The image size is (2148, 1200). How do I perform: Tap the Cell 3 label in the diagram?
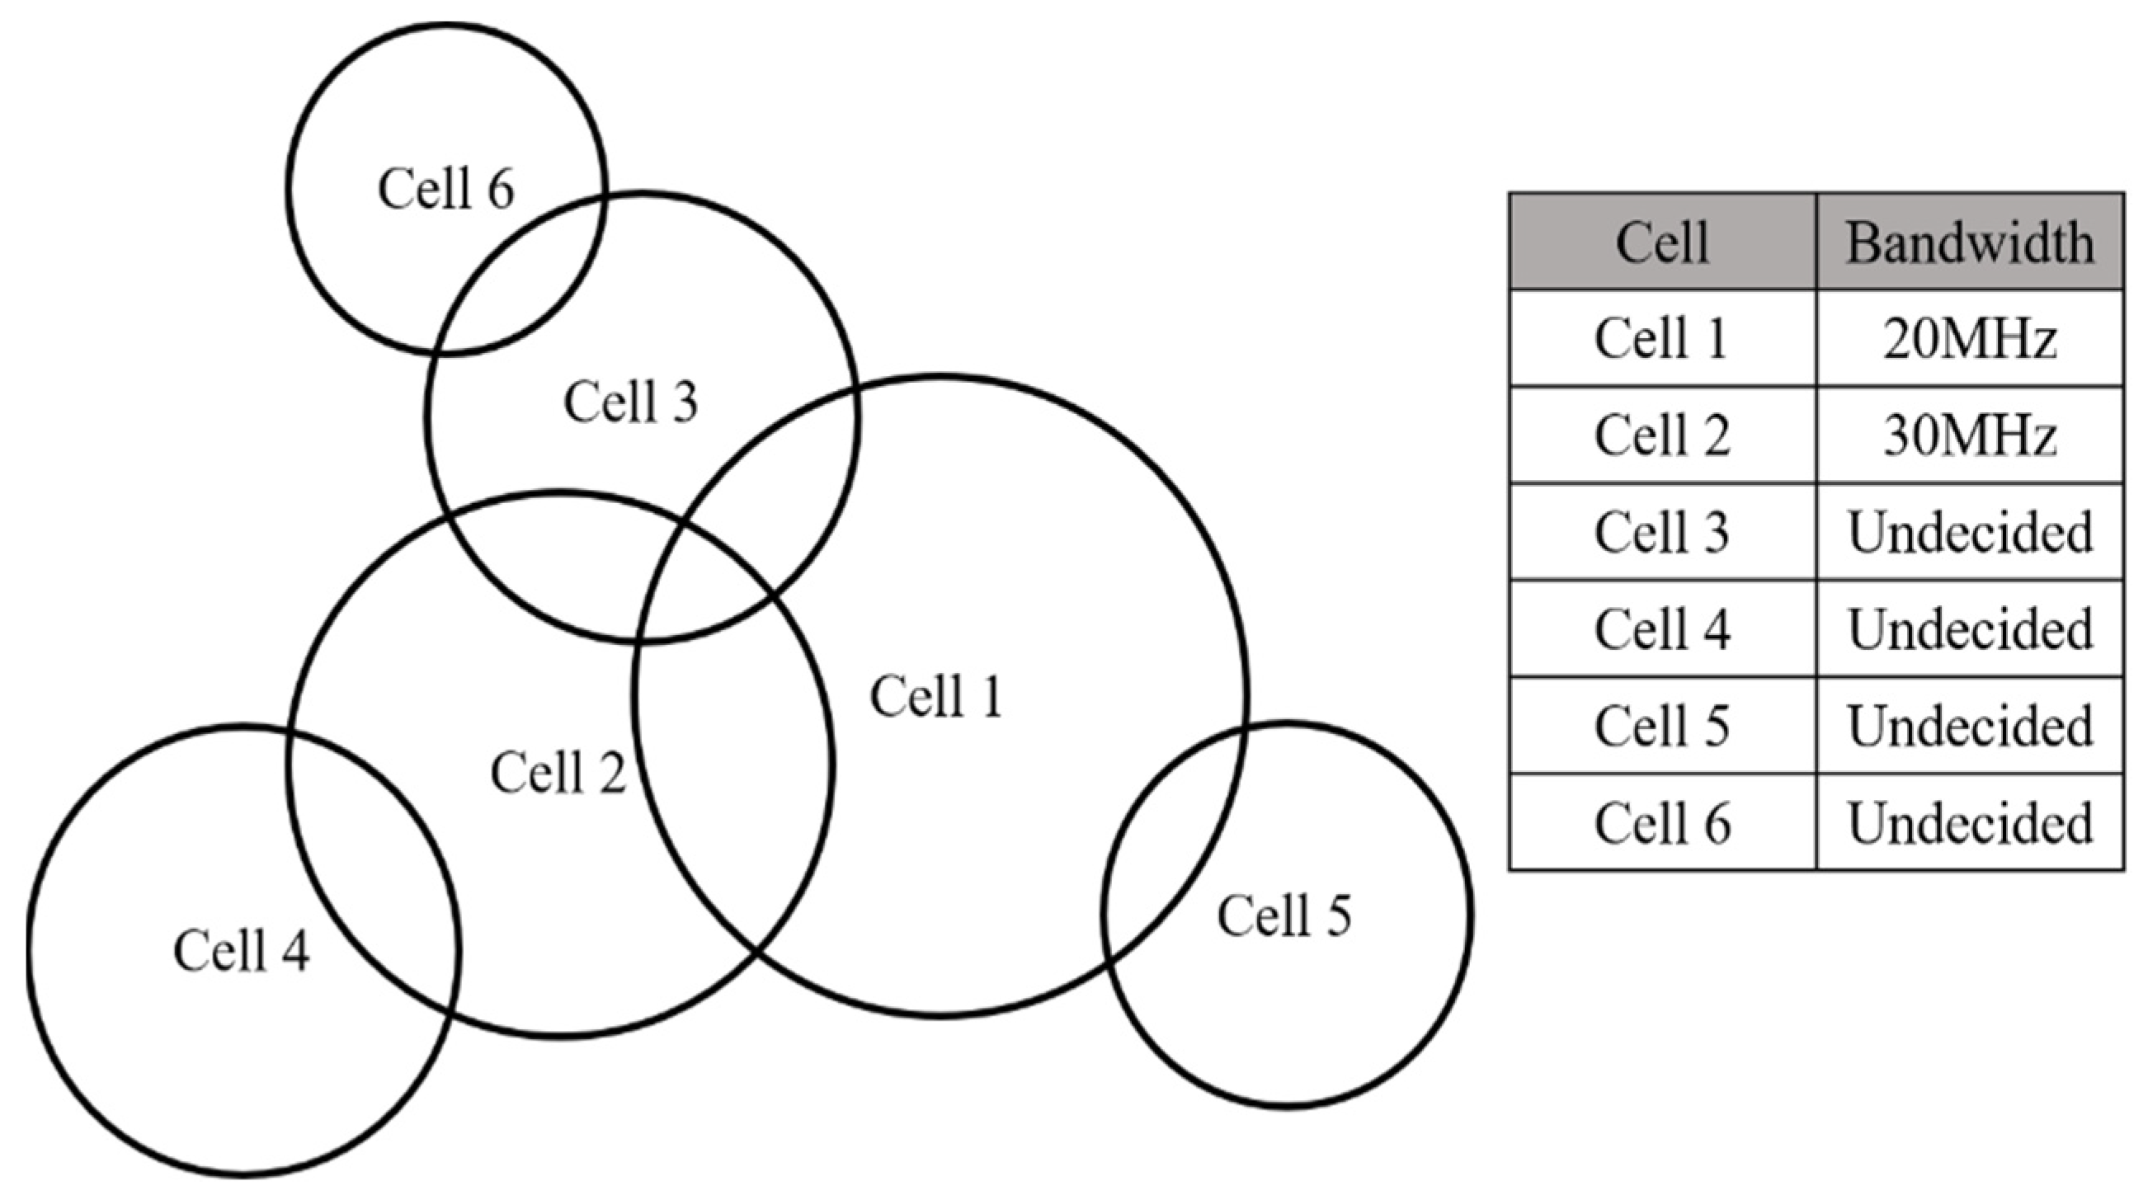[630, 402]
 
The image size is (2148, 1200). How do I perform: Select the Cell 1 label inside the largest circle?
[935, 696]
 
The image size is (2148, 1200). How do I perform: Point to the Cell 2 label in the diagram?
[558, 772]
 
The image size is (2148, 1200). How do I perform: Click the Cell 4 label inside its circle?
[242, 950]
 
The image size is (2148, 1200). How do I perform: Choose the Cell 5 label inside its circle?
[1284, 915]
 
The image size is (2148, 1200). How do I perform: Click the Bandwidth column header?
[1970, 242]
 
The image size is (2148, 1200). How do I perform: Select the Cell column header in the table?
[1662, 242]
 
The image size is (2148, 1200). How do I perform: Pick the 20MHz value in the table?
[1970, 339]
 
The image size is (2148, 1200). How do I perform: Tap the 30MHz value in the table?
[1970, 435]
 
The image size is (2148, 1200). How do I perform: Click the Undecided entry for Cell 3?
[1970, 532]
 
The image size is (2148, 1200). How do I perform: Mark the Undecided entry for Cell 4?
[1970, 628]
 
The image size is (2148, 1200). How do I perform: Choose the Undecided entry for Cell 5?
[1970, 726]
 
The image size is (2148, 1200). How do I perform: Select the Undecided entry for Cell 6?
[1970, 822]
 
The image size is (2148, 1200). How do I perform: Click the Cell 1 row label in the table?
[1662, 339]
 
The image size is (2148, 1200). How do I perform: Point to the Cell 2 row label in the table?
[1662, 435]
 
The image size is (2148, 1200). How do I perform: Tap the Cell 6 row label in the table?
[1662, 822]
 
